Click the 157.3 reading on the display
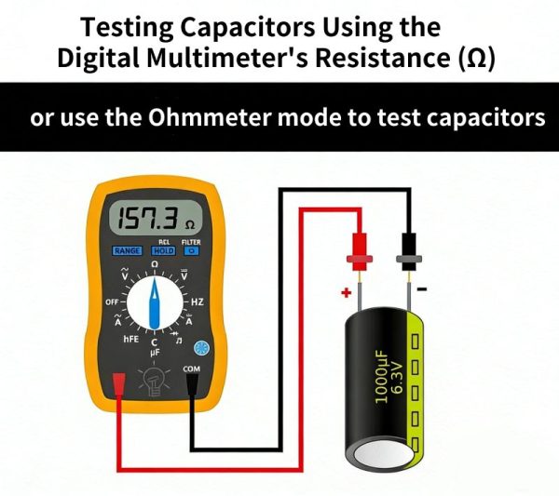[x=147, y=218]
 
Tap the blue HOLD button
[x=164, y=251]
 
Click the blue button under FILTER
[x=191, y=251]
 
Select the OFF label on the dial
[x=112, y=302]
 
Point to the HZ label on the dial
[x=198, y=302]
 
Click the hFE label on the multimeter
[x=130, y=339]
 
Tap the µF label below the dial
[x=155, y=354]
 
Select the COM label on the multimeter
[x=191, y=369]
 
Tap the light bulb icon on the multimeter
[x=155, y=381]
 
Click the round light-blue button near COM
[x=201, y=349]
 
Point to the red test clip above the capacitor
[x=360, y=252]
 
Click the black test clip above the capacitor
[x=409, y=252]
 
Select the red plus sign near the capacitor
[x=347, y=293]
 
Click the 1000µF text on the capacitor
[x=381, y=376]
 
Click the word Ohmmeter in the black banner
[x=211, y=117]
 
